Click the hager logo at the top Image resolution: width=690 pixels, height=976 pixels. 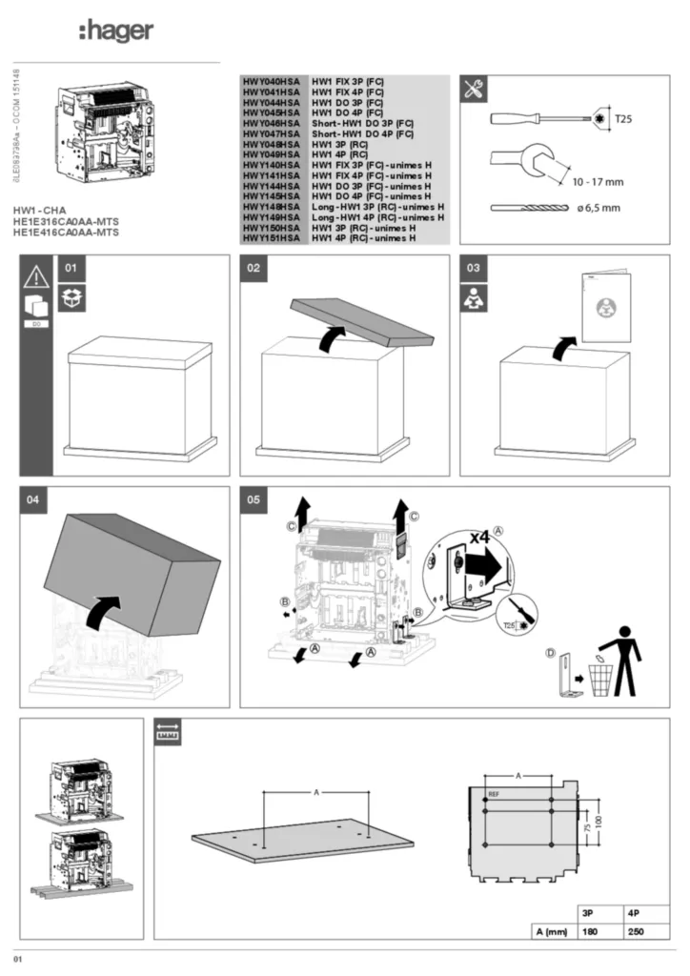[115, 31]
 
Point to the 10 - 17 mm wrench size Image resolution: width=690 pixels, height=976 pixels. [598, 181]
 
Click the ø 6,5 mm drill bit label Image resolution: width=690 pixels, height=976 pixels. [598, 207]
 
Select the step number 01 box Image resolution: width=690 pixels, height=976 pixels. [70, 269]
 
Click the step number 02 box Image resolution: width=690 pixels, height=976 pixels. [254, 269]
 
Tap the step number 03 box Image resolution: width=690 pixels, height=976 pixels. [473, 269]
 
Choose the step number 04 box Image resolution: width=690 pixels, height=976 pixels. [34, 500]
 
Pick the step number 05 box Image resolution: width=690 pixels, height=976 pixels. [254, 500]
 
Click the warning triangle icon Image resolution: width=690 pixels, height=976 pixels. [35, 276]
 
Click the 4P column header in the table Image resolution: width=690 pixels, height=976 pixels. [635, 912]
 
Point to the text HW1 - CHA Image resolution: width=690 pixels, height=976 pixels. [40, 210]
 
